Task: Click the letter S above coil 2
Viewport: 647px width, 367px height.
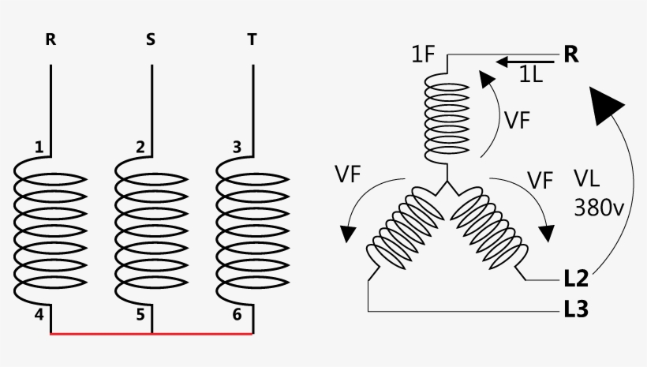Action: (151, 39)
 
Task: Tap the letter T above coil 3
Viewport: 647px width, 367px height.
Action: (252, 39)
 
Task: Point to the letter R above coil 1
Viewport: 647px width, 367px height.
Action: (50, 39)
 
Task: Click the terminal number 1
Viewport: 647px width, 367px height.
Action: (39, 147)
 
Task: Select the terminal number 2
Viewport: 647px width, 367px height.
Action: (140, 147)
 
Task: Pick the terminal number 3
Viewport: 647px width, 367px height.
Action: (237, 147)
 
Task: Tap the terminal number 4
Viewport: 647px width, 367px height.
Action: (39, 315)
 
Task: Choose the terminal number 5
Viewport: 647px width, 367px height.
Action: (140, 315)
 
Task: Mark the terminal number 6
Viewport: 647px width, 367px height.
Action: (237, 315)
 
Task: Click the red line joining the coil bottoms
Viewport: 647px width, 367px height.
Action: (151, 334)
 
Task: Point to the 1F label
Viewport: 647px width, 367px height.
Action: (424, 54)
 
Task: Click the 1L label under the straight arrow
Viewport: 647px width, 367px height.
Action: (531, 75)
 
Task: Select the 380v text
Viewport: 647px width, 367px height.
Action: (599, 208)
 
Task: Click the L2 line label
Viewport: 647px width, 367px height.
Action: (576, 279)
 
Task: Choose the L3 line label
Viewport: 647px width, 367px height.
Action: (576, 309)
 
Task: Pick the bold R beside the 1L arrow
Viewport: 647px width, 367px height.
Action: (571, 54)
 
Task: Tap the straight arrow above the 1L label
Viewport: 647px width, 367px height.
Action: (525, 62)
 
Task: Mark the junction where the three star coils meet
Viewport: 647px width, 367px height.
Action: (447, 181)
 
